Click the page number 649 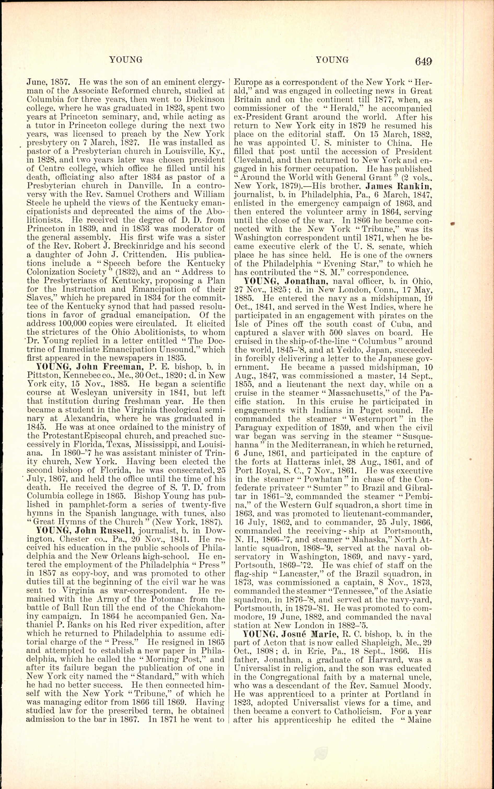[x=424, y=61]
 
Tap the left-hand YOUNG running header [x=126, y=60]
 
